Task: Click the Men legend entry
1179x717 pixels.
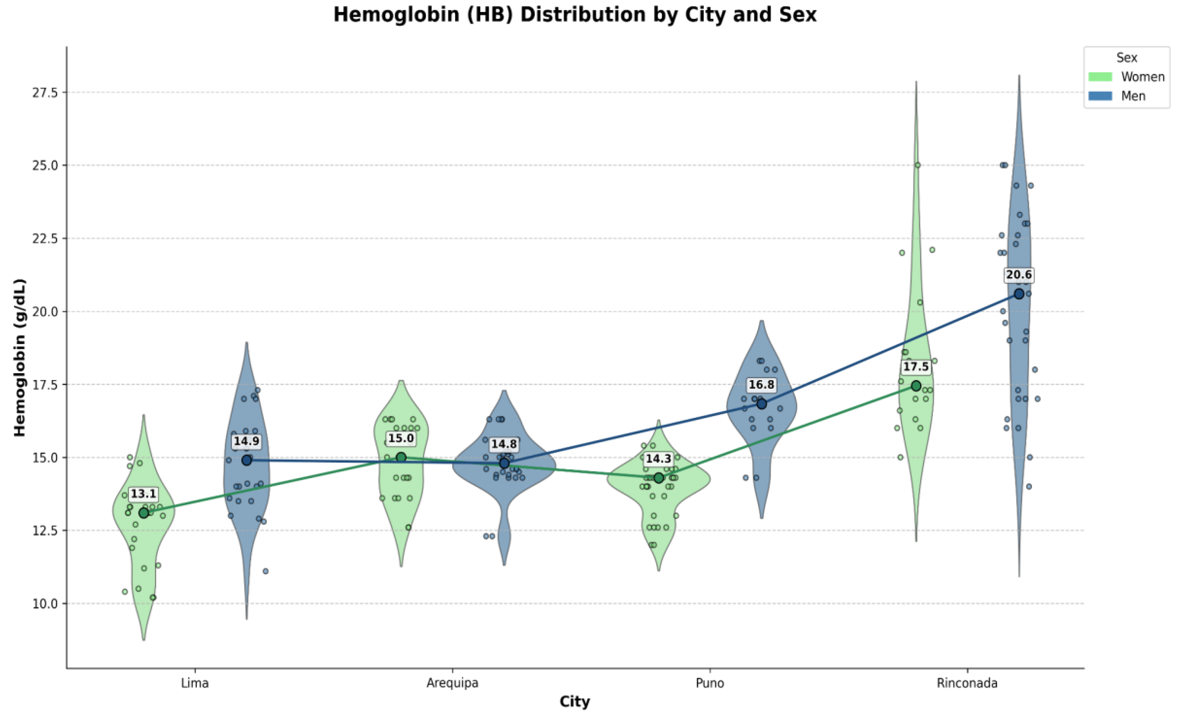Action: (1117, 96)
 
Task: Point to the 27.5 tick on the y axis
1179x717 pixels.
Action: (45, 92)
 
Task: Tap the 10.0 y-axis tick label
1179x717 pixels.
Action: (45, 604)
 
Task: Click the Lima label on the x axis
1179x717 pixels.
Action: (195, 683)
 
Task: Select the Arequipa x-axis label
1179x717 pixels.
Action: (452, 683)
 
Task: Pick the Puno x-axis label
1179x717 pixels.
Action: (710, 683)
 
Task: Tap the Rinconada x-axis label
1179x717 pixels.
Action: (967, 683)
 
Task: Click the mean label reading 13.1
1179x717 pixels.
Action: (144, 494)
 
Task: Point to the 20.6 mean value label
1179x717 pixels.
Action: (1019, 275)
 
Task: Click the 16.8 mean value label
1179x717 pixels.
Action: (761, 385)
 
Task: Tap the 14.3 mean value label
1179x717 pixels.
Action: (658, 459)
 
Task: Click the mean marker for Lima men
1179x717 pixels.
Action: (247, 460)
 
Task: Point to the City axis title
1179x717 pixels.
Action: (575, 702)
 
